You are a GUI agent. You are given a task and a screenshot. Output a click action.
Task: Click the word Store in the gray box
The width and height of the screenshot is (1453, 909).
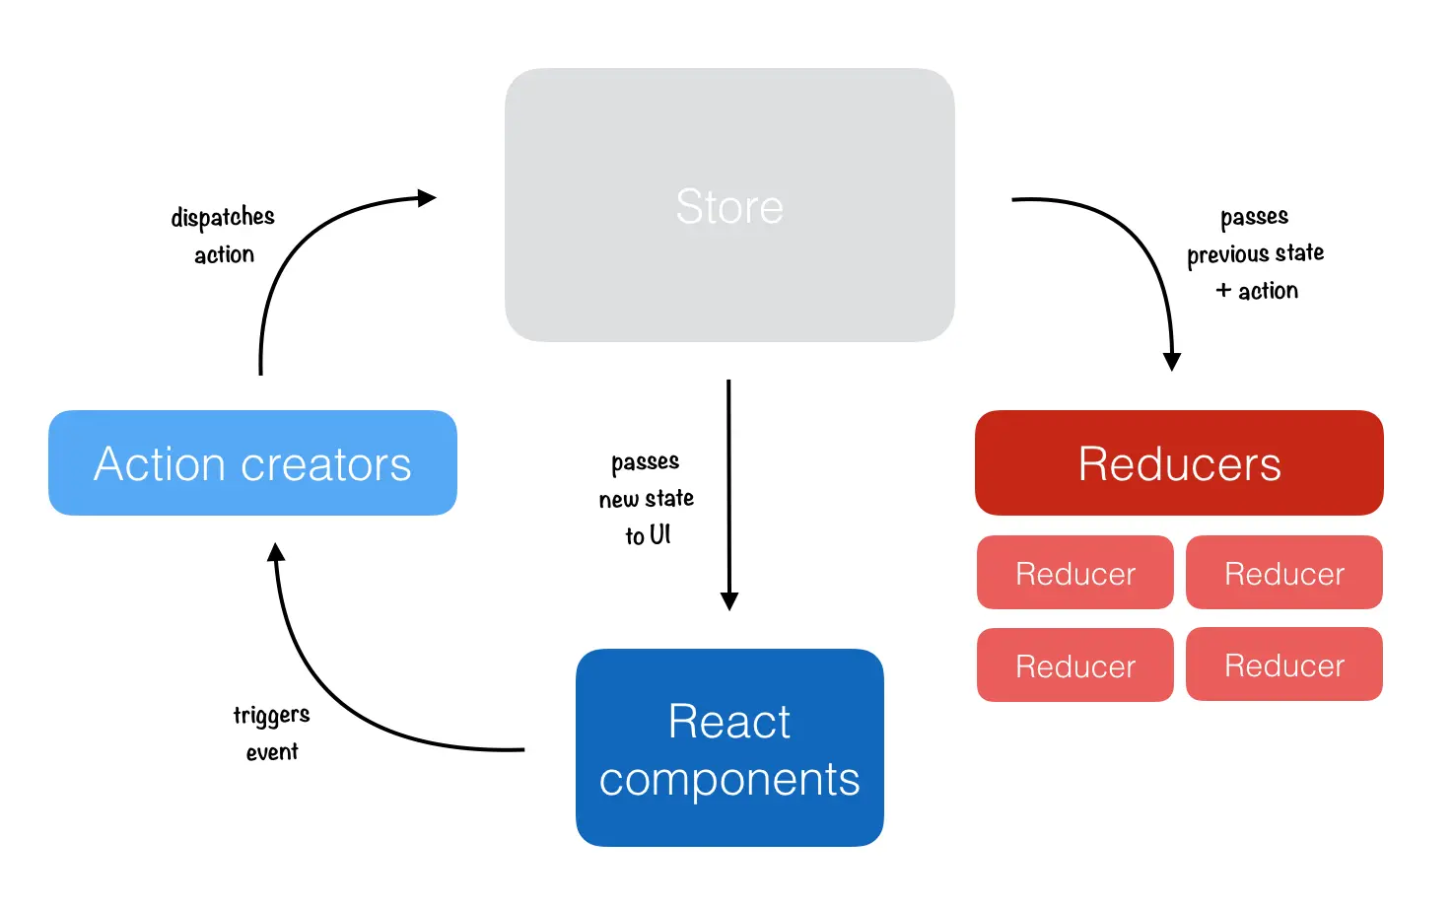pyautogui.click(x=729, y=207)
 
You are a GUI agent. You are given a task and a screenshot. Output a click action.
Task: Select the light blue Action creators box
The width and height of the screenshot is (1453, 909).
pyautogui.click(x=252, y=463)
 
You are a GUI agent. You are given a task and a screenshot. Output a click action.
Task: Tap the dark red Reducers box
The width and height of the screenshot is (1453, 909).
pyautogui.click(x=1179, y=463)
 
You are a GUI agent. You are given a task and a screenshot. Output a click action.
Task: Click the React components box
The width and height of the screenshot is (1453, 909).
pyautogui.click(x=729, y=747)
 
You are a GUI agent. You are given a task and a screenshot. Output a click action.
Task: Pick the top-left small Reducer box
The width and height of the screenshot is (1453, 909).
pyautogui.click(x=1075, y=573)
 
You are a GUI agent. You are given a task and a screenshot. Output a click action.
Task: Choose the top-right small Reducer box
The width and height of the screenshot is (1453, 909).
pyautogui.click(x=1284, y=573)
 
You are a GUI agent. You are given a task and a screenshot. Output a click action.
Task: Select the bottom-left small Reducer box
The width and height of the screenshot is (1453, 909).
pyautogui.click(x=1075, y=665)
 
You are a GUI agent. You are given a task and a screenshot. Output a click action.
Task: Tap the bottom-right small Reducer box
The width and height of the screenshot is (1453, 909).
pyautogui.click(x=1284, y=665)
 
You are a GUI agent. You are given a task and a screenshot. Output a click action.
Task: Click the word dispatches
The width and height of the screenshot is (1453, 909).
pyautogui.click(x=223, y=217)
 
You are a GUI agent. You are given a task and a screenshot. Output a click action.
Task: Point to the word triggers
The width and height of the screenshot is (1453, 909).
pyautogui.click(x=271, y=715)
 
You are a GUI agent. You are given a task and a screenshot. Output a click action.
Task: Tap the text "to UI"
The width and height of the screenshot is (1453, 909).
pyautogui.click(x=648, y=535)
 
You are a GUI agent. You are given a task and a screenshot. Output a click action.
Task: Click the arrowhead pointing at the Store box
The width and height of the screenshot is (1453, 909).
pyautogui.click(x=427, y=198)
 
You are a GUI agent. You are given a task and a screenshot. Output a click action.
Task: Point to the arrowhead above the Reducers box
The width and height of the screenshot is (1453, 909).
pyautogui.click(x=1172, y=361)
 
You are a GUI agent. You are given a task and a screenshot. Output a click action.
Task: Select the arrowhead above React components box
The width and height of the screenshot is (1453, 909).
pyautogui.click(x=729, y=601)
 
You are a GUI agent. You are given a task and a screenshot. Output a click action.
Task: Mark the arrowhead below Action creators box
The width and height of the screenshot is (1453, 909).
pyautogui.click(x=277, y=552)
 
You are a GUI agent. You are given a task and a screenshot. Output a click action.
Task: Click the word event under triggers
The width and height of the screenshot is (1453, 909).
pyautogui.click(x=272, y=752)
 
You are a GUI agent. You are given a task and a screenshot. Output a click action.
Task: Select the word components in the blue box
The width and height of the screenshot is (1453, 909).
pyautogui.click(x=729, y=780)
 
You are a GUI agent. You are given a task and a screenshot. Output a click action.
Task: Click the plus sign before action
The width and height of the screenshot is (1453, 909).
pyautogui.click(x=1223, y=290)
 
